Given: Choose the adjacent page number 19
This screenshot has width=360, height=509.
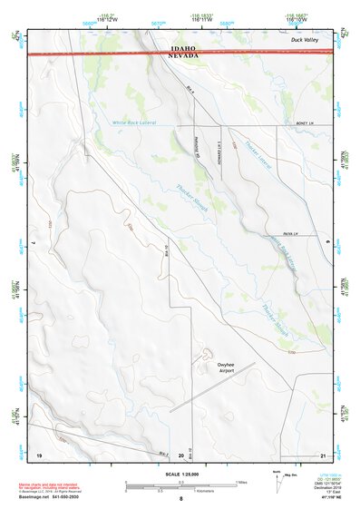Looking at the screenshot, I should [x=39, y=454].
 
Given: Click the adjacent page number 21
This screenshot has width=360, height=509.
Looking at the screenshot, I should [x=322, y=454].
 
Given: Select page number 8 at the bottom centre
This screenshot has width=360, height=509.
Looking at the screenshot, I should [x=180, y=500].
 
